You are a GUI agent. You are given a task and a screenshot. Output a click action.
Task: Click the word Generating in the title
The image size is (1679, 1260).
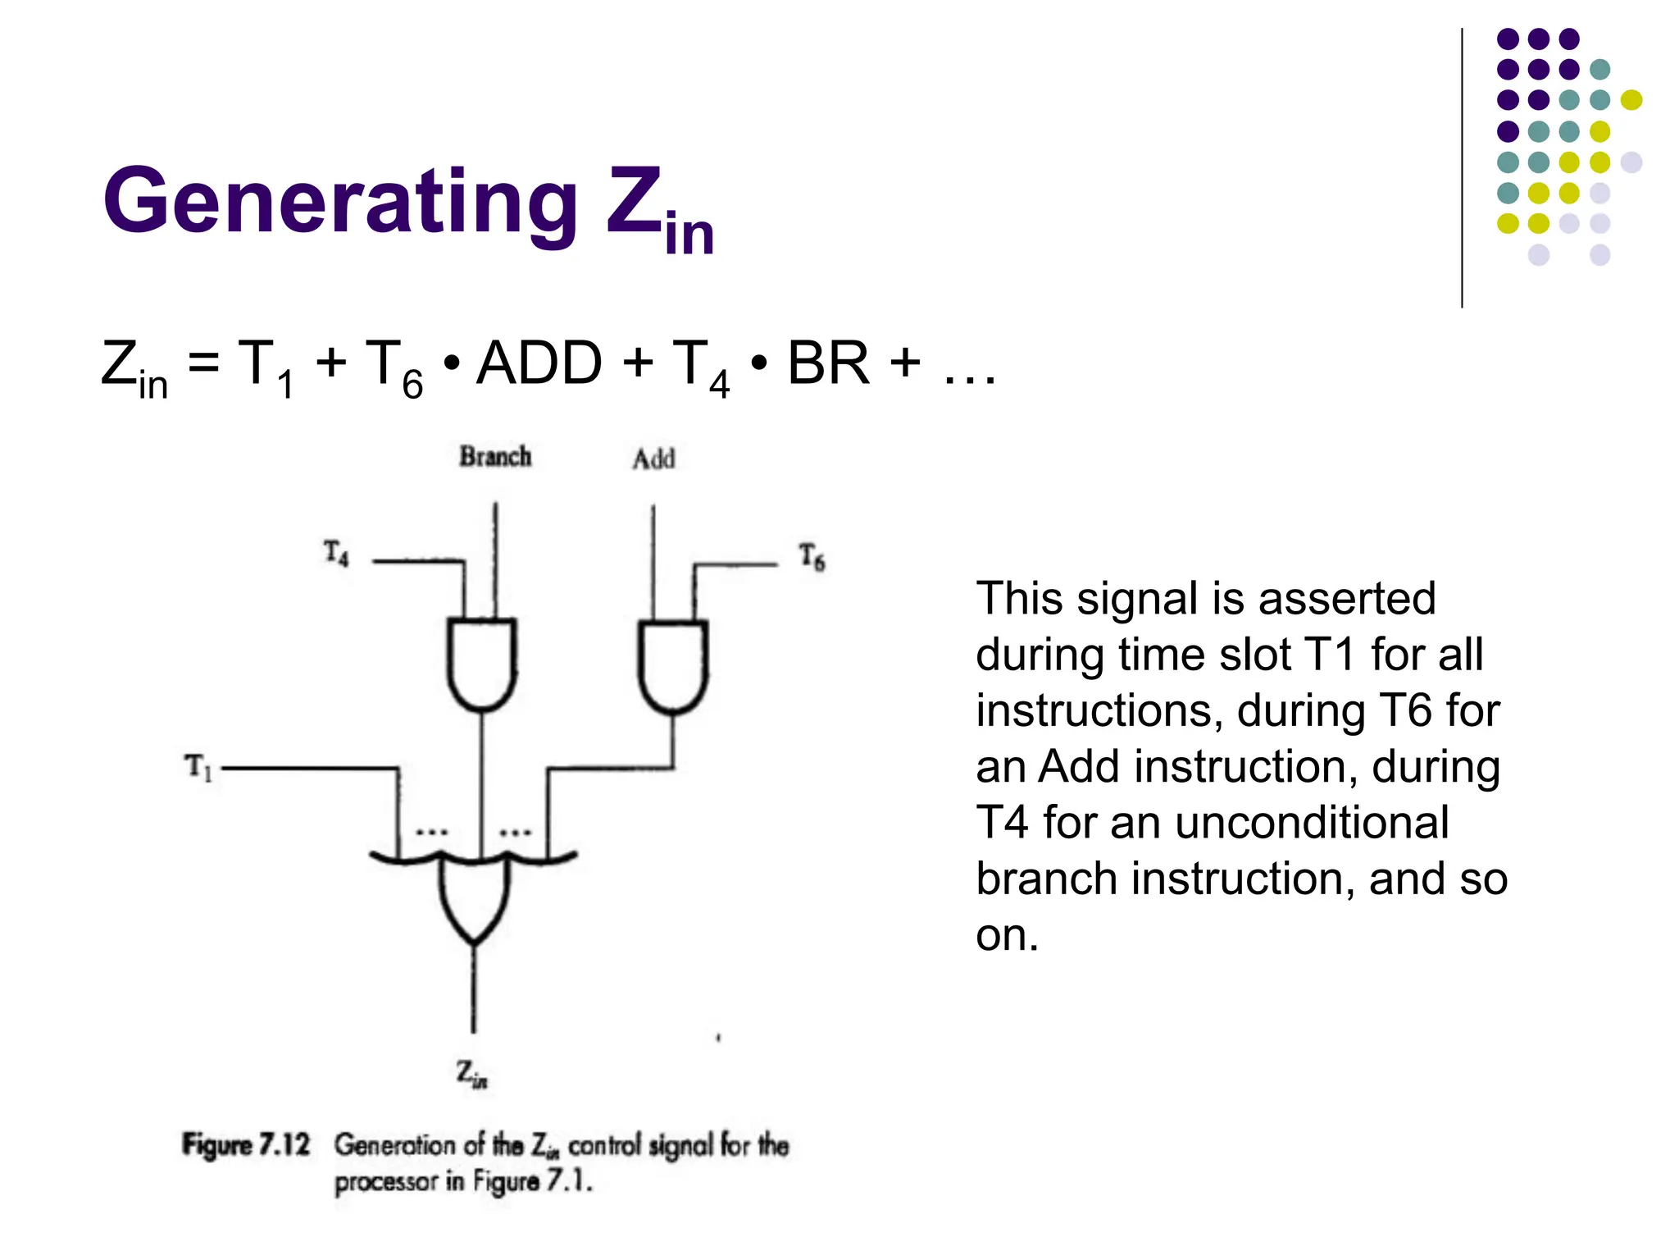[x=340, y=202]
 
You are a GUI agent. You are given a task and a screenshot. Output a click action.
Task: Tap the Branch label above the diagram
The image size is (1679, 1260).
[x=495, y=456]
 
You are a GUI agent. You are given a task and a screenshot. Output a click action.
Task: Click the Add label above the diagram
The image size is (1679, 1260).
[x=653, y=459]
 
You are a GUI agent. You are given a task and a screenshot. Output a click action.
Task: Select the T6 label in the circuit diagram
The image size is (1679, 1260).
[x=812, y=557]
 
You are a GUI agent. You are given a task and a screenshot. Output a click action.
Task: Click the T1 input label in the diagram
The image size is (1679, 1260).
[x=198, y=768]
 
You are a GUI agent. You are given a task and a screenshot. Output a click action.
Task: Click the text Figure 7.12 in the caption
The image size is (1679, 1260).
[x=246, y=1144]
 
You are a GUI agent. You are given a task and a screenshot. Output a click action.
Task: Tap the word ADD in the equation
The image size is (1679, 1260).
[x=539, y=363]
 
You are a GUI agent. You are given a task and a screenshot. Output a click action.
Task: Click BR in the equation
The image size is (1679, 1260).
[x=828, y=363]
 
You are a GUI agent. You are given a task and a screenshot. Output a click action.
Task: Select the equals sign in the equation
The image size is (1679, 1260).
[x=203, y=363]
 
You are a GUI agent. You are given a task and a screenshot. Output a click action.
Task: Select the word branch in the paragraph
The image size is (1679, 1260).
[x=1046, y=879]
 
